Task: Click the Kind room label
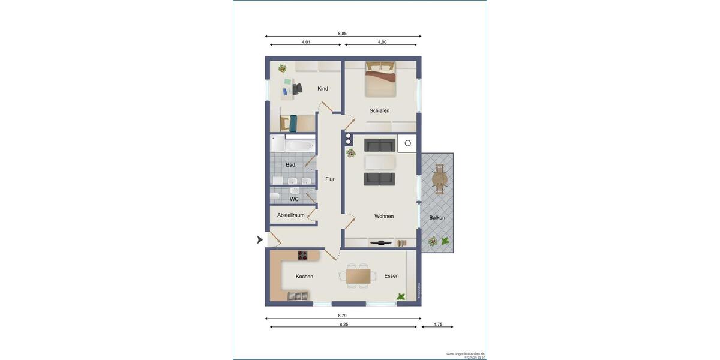323,89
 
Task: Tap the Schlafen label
379,110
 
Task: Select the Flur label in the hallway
330,179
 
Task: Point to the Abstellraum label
291,215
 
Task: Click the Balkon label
437,218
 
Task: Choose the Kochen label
304,277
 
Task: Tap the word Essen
392,276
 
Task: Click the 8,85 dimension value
342,34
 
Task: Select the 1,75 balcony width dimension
438,325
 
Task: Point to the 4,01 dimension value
306,42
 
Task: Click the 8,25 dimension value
344,325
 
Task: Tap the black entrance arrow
260,240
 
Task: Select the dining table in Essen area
358,275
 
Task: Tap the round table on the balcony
440,178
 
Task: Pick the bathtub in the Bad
299,145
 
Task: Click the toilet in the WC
274,196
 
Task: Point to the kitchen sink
297,295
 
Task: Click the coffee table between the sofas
380,162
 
